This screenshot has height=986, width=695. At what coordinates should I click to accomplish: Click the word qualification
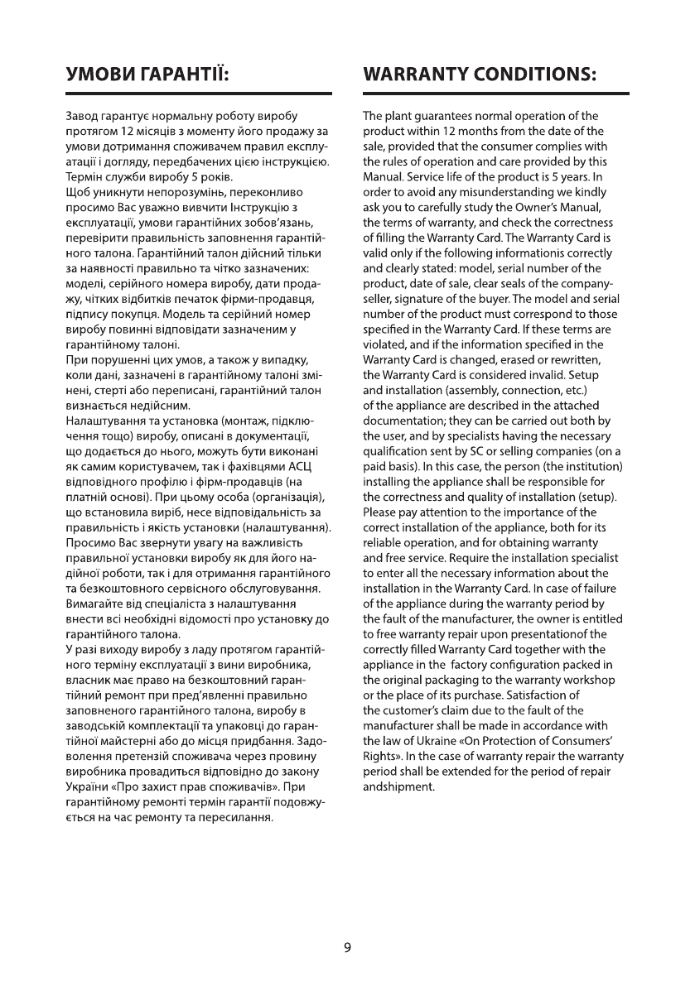396,449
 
